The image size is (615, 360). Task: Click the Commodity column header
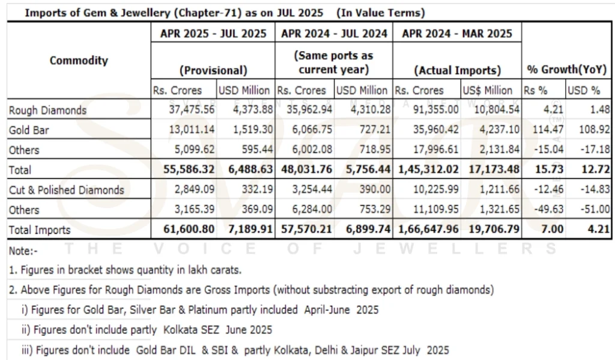click(79, 61)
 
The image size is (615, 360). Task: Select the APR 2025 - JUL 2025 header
click(213, 34)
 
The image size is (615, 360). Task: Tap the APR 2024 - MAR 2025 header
click(456, 34)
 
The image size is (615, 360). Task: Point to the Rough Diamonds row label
click(47, 110)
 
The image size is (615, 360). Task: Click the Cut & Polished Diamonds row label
click(66, 190)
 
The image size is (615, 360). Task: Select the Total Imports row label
click(39, 230)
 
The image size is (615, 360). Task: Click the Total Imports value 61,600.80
click(187, 229)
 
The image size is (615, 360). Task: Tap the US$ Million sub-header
click(488, 91)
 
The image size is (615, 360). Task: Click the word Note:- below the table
click(22, 249)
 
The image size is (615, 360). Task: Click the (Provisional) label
click(213, 70)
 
